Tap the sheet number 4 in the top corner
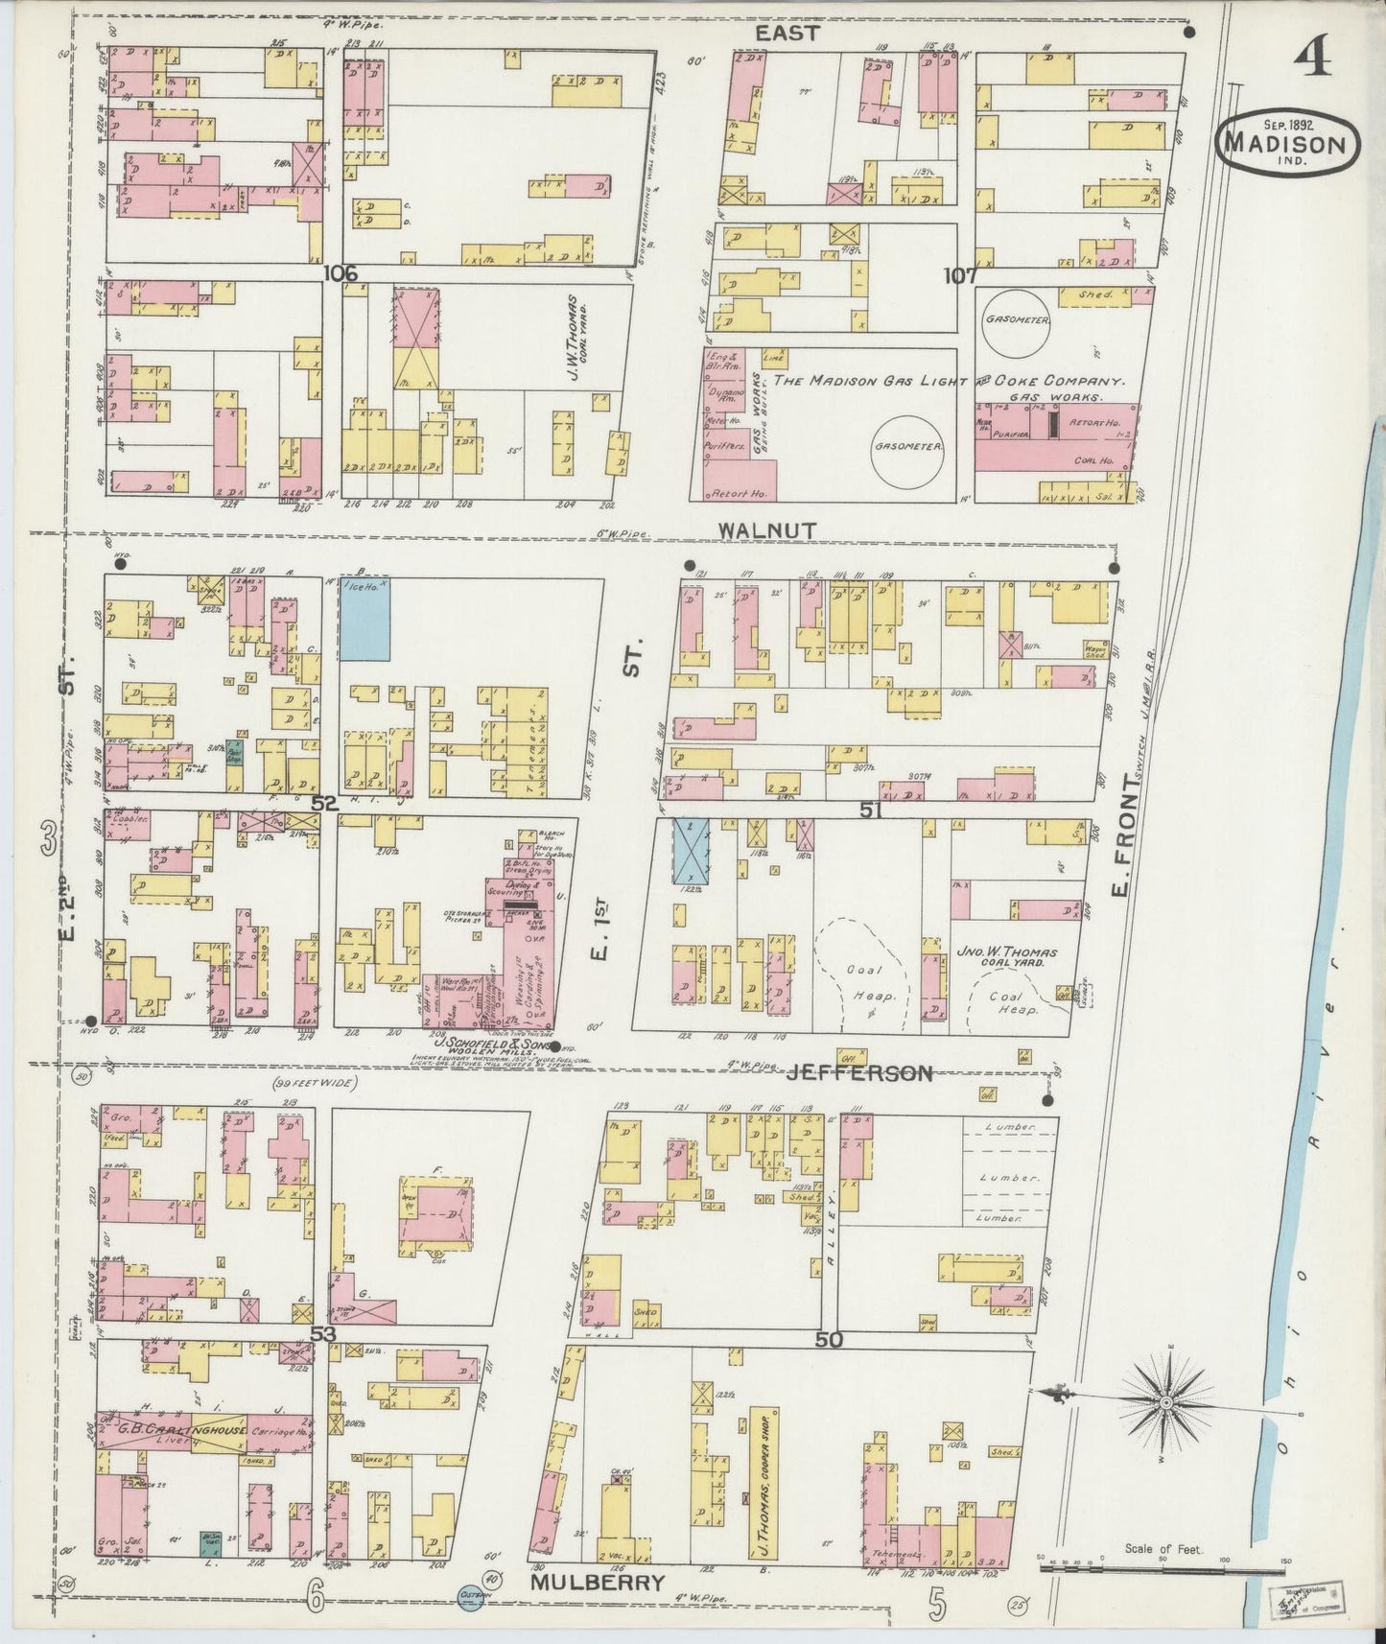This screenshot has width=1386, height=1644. (1311, 59)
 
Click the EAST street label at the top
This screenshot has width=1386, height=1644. (787, 34)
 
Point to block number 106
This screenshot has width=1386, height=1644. (341, 274)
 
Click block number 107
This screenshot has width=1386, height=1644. (960, 275)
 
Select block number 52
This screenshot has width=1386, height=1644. (325, 804)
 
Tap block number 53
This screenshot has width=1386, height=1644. (322, 1334)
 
